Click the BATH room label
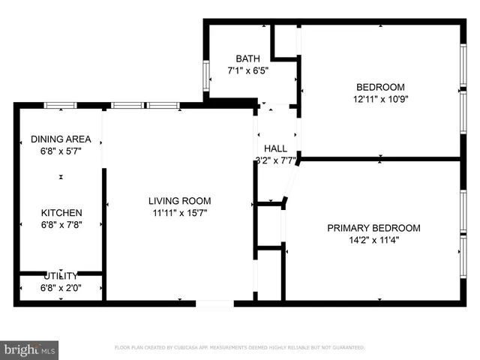click(247, 58)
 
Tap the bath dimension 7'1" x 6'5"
click(247, 70)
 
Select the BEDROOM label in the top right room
click(379, 86)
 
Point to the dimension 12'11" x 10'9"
click(379, 98)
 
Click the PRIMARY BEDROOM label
click(373, 228)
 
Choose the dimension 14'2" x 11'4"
click(373, 240)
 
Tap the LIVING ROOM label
click(179, 200)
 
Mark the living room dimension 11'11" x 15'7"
click(179, 212)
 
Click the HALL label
click(275, 148)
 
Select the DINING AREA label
click(61, 139)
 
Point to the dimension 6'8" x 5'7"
click(61, 151)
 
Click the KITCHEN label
click(61, 212)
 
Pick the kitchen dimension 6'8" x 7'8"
click(61, 224)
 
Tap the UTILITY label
click(61, 275)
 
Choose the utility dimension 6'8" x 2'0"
click(61, 286)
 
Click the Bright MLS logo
click(30, 349)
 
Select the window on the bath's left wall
click(205, 75)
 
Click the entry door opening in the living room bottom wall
click(214, 303)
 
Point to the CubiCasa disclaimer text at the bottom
click(239, 348)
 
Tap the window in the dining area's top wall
click(61, 105)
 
